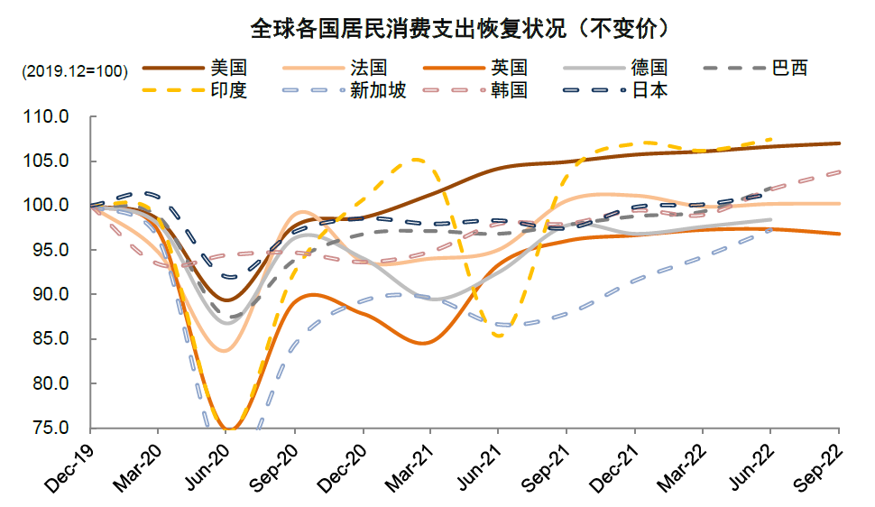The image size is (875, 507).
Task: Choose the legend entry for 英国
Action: pyautogui.click(x=509, y=68)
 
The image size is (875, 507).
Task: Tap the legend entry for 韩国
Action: pyautogui.click(x=509, y=90)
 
